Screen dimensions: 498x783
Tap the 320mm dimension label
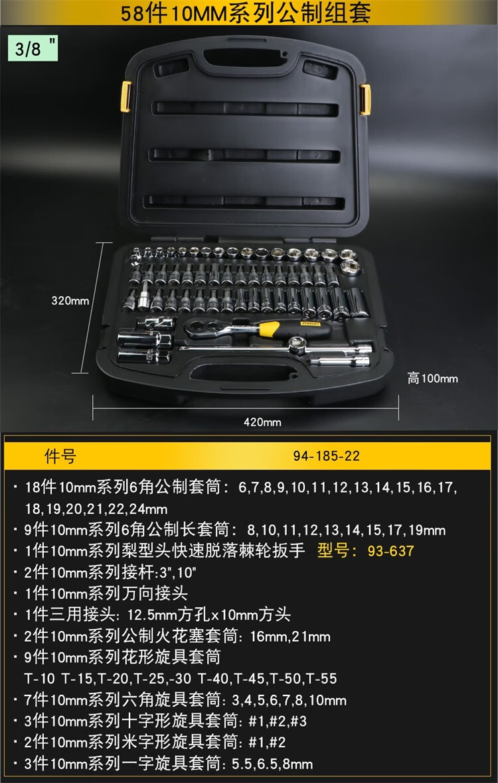coord(70,300)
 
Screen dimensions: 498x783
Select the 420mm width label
coord(262,422)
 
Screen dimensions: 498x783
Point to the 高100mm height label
coord(432,378)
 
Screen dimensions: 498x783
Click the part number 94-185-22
coord(327,456)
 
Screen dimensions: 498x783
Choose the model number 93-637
coord(390,551)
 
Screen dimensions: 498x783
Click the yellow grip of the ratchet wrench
coord(270,328)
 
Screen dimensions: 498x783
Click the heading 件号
coord(60,456)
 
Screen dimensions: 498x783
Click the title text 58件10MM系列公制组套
coord(246,13)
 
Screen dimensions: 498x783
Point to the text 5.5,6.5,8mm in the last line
coord(272,764)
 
